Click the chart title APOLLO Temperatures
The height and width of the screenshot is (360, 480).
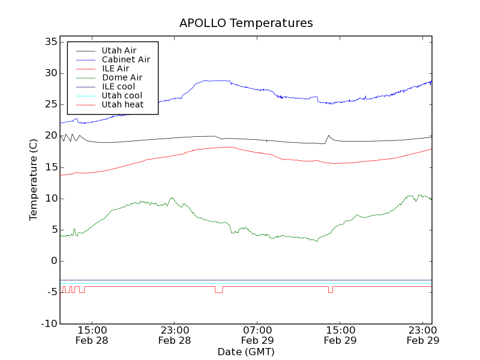246,23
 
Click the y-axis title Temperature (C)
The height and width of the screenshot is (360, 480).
34,180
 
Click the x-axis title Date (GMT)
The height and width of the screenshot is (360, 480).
246,352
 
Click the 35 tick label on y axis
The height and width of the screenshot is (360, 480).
50,42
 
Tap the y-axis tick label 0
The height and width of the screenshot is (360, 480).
54,261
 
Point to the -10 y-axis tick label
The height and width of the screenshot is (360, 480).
48,324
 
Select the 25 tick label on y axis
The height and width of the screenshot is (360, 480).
50,104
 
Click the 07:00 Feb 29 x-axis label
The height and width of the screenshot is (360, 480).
257,335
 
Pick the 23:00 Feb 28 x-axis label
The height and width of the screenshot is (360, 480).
175,335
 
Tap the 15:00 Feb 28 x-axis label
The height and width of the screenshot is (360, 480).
92,335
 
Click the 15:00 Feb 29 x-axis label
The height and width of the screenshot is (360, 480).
340,335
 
